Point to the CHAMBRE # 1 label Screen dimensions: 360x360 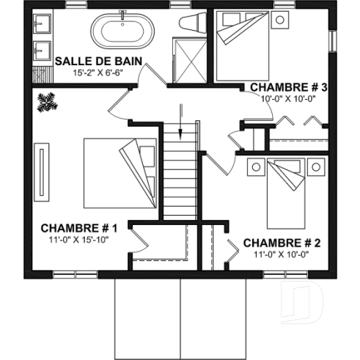80,228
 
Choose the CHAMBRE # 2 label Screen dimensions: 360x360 282,243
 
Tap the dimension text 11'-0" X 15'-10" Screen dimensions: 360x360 79,240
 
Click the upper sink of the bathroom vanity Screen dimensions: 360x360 41,26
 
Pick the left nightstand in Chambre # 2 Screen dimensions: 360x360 256,166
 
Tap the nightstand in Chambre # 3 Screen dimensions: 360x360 279,20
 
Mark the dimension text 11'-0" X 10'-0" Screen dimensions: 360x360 282,254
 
